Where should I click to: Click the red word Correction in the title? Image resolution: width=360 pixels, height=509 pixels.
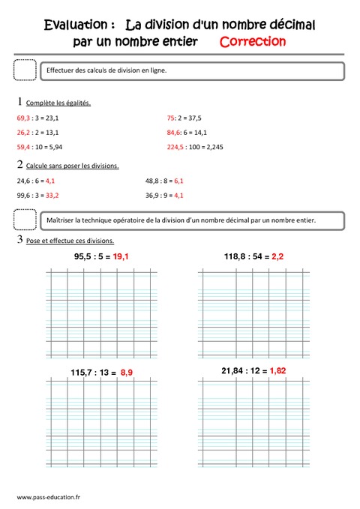pos(253,41)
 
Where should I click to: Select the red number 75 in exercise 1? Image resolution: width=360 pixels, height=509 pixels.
pos(170,118)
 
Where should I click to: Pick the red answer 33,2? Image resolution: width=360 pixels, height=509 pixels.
pos(52,195)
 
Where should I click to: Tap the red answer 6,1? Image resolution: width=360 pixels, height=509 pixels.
pos(178,181)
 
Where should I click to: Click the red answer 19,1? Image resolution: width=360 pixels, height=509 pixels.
pos(122,256)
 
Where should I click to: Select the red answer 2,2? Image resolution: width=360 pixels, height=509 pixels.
pos(277,256)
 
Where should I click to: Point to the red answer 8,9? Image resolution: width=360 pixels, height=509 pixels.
pos(127,372)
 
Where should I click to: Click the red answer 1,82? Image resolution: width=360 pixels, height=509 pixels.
pos(277,370)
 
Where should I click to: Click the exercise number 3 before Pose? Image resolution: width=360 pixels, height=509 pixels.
pos(19,240)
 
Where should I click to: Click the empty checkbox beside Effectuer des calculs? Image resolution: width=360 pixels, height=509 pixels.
pos(25,70)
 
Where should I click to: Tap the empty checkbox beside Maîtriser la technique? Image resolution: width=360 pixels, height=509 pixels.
pos(25,220)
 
